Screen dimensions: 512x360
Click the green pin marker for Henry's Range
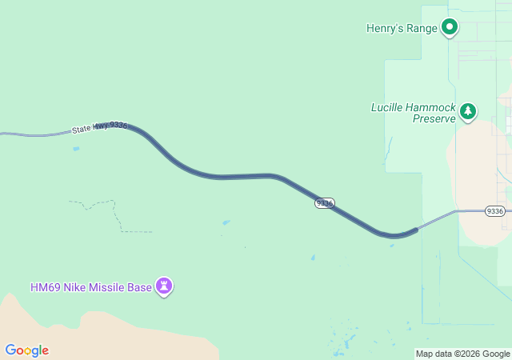pyautogui.click(x=450, y=28)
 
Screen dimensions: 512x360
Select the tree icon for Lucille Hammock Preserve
pyautogui.click(x=468, y=112)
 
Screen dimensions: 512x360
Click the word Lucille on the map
pyautogui.click(x=390, y=107)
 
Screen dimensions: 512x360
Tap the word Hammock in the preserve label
pyautogui.click(x=433, y=107)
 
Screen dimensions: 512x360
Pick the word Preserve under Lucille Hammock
pyautogui.click(x=434, y=118)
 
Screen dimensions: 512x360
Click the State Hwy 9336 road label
pyautogui.click(x=99, y=127)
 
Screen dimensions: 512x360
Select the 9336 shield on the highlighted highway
pyautogui.click(x=324, y=203)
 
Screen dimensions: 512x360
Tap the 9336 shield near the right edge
pyautogui.click(x=495, y=211)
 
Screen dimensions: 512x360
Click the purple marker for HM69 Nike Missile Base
pyautogui.click(x=164, y=286)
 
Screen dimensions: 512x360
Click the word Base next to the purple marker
pyautogui.click(x=140, y=287)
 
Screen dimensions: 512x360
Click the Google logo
pyautogui.click(x=26, y=350)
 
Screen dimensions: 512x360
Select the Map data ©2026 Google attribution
pyautogui.click(x=462, y=354)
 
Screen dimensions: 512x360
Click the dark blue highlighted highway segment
pyautogui.click(x=240, y=176)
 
